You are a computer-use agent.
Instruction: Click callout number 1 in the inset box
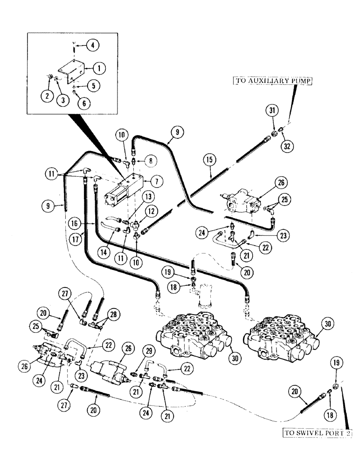pos(99,68)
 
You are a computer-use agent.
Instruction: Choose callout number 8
pos(152,162)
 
